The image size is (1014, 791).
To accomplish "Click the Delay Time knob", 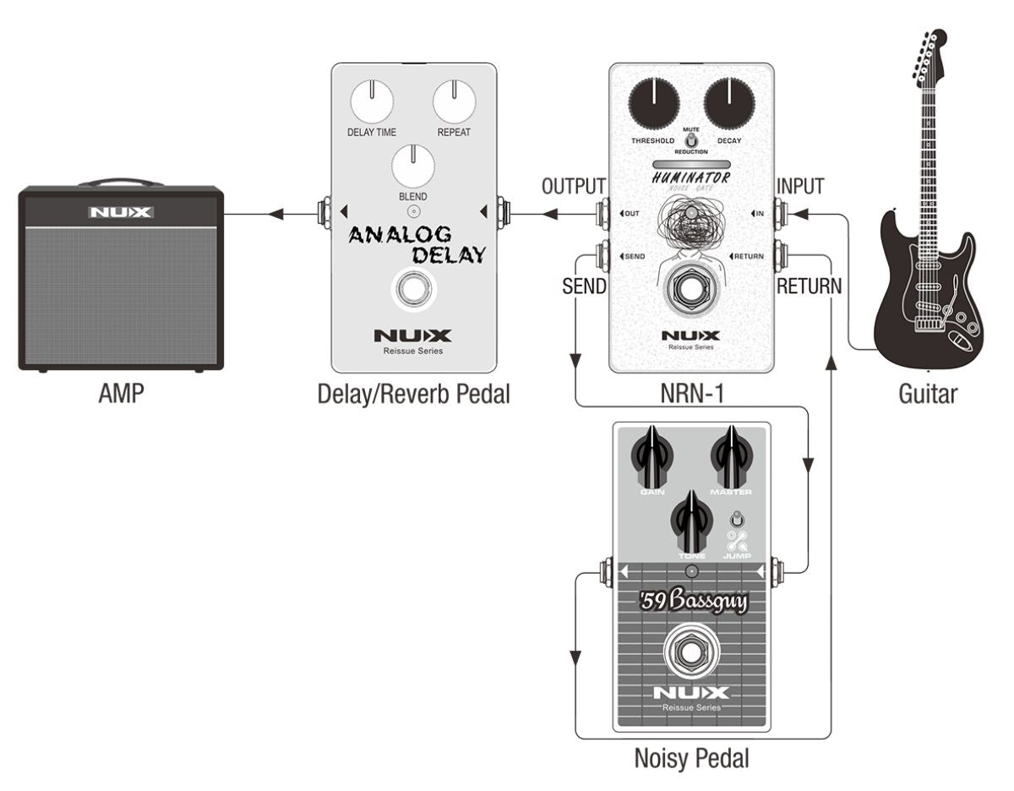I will pyautogui.click(x=371, y=102).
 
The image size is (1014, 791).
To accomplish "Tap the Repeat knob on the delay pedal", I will pyautogui.click(x=454, y=102).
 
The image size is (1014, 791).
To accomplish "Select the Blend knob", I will pyautogui.click(x=413, y=166).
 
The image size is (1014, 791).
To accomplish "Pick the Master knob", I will pyautogui.click(x=731, y=457).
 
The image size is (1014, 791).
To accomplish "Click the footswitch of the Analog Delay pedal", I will pyautogui.click(x=412, y=290).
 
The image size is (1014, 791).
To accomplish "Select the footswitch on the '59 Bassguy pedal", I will pyautogui.click(x=692, y=651).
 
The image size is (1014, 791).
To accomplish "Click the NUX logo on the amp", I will pyautogui.click(x=121, y=212).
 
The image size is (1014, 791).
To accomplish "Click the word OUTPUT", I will pyautogui.click(x=574, y=187).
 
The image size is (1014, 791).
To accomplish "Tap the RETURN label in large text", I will pyautogui.click(x=809, y=286).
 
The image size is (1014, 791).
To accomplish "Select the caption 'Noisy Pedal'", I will pyautogui.click(x=691, y=758).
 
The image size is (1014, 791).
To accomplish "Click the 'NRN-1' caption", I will pyautogui.click(x=691, y=393).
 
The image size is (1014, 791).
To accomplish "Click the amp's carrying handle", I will pyautogui.click(x=121, y=181).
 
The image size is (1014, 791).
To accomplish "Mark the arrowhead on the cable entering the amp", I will pyautogui.click(x=275, y=215).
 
